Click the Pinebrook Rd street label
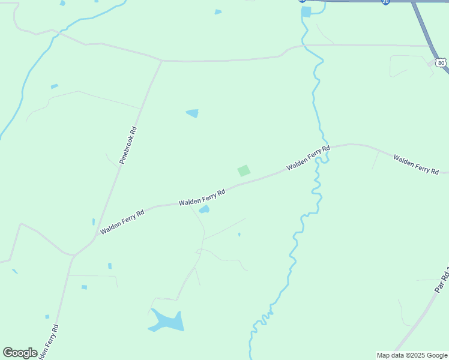128,145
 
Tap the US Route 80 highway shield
441,62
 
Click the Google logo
20,353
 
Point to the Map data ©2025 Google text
412,355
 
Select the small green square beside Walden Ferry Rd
244,170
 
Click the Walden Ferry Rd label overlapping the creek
309,158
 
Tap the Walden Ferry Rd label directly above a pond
202,198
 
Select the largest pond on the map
167,321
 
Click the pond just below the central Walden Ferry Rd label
204,209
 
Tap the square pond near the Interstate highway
306,11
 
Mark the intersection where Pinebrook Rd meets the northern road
162,61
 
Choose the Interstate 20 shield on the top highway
385,2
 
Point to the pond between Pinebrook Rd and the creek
192,113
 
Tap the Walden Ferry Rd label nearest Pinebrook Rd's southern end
122,221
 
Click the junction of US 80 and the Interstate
413,2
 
